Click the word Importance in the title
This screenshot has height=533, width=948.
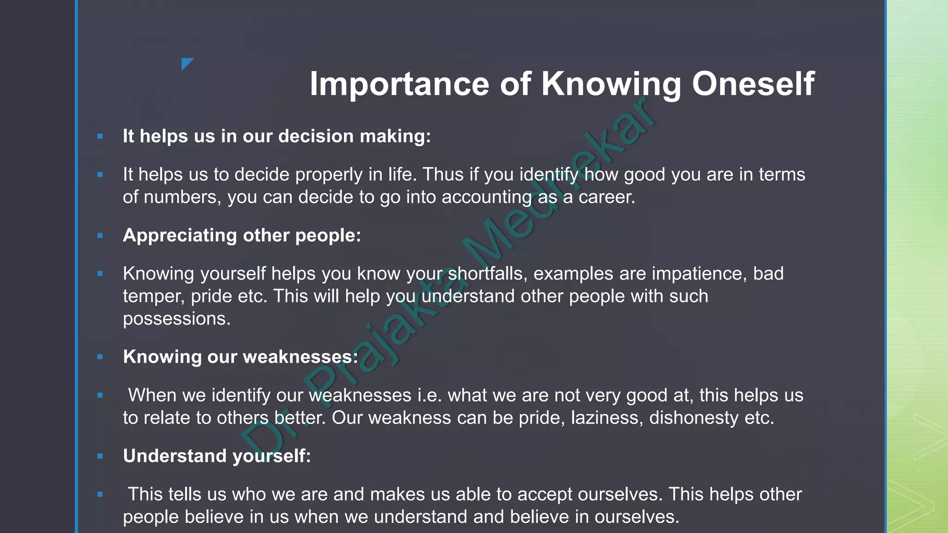(399, 84)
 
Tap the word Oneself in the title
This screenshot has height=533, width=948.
(753, 84)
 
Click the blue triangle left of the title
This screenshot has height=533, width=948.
(187, 63)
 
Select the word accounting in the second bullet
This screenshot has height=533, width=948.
(486, 197)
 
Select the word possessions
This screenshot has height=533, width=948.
(176, 319)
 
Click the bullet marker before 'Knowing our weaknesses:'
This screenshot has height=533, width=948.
(100, 357)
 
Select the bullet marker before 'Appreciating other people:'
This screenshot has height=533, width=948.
(100, 236)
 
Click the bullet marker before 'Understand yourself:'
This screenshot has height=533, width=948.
(100, 456)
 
